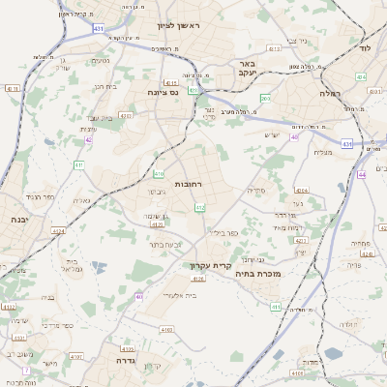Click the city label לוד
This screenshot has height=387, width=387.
[x=364, y=47]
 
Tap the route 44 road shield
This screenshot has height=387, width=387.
[x=361, y=174]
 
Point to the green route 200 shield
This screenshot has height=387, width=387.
[x=265, y=99]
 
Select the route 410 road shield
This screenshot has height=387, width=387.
[x=159, y=174]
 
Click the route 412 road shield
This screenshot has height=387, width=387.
[x=200, y=207]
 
